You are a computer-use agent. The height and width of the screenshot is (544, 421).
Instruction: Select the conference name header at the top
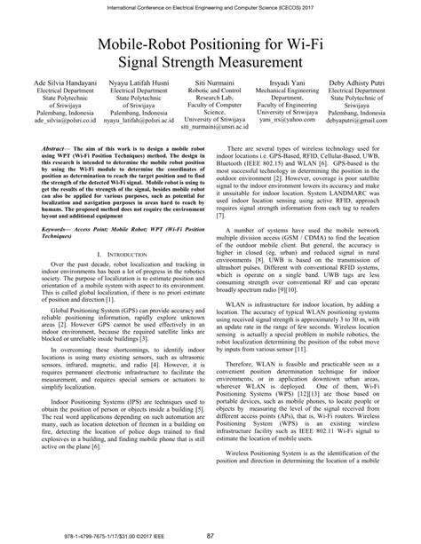point(210,6)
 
